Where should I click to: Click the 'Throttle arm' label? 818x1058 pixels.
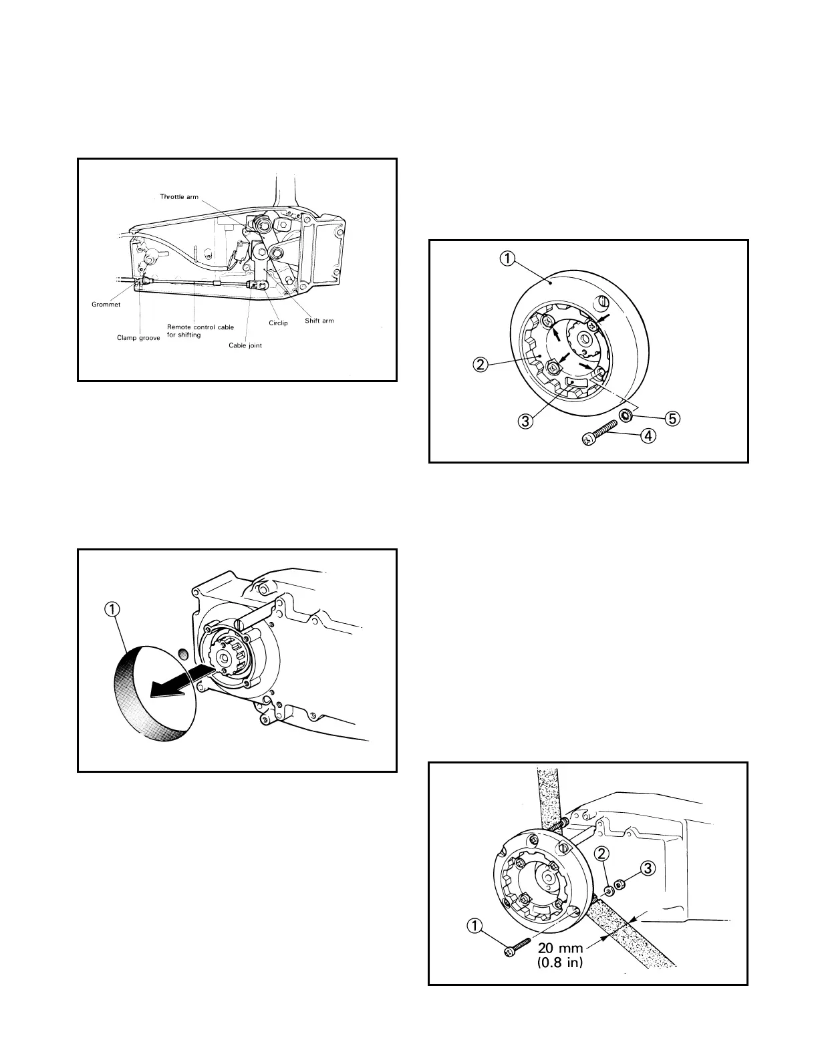click(180, 197)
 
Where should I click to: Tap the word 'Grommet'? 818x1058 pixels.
click(106, 305)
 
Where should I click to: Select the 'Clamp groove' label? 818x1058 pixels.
click(138, 338)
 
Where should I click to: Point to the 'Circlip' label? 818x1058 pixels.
click(278, 323)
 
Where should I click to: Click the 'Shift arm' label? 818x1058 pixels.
click(319, 321)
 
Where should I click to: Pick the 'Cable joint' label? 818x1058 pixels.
click(245, 345)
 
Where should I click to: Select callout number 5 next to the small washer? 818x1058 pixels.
click(672, 418)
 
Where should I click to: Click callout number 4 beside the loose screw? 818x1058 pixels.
click(646, 436)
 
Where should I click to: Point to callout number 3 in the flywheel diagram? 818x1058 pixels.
click(527, 421)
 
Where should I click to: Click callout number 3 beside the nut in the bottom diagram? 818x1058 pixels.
click(647, 869)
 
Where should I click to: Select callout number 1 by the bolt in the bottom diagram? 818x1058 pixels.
click(474, 926)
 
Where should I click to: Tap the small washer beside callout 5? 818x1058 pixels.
click(627, 416)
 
